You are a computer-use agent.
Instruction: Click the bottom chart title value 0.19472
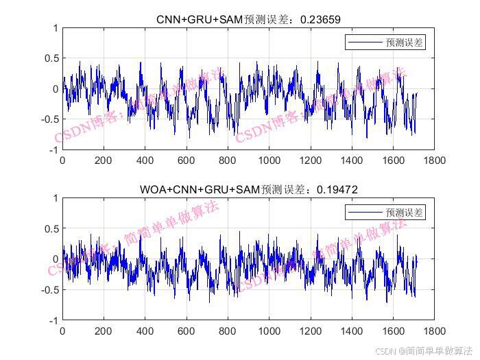point(337,189)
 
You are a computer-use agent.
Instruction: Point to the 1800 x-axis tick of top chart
point(434,160)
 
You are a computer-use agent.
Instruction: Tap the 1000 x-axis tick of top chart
point(269,160)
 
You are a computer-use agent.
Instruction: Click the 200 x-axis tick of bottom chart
point(104,331)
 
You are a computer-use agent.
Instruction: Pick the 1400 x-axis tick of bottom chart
point(352,331)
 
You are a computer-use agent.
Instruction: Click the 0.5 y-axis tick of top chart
point(49,58)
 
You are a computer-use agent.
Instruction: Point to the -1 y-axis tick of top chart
point(52,150)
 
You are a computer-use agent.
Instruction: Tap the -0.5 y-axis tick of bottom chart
point(48,289)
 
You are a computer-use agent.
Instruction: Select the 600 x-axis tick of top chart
point(187,160)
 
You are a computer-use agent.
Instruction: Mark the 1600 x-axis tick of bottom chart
point(393,331)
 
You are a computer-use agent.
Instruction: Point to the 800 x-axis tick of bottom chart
point(228,331)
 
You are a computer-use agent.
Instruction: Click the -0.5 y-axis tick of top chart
point(48,119)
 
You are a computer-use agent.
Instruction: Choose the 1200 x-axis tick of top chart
point(311,160)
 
